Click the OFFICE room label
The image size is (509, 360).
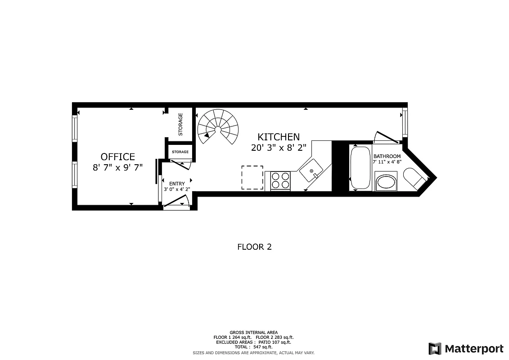click(117, 157)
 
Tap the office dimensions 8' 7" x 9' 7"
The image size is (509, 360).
click(117, 167)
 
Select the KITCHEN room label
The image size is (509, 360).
click(278, 137)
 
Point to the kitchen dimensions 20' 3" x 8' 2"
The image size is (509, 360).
click(279, 147)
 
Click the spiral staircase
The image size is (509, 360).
click(218, 127)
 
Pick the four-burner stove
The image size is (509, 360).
click(280, 181)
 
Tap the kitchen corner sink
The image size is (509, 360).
click(311, 171)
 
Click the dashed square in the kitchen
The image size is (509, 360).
click(252, 177)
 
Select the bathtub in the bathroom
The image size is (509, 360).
click(360, 168)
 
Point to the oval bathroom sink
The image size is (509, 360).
click(386, 182)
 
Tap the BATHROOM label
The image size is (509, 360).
click(387, 156)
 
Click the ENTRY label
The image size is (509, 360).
click(177, 184)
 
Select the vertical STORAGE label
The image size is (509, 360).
click(180, 124)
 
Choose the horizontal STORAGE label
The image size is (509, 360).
click(180, 152)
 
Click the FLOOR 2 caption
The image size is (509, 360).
click(254, 247)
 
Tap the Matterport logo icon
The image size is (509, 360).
click(434, 349)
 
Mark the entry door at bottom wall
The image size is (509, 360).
click(176, 205)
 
